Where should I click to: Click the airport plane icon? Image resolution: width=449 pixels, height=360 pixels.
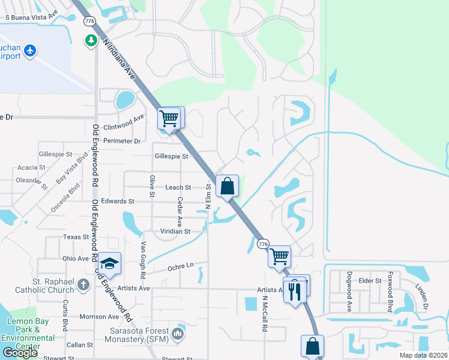coord(29,52)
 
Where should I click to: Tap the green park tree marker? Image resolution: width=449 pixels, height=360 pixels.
coord(91,41)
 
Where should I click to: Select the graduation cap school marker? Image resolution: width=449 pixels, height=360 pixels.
coord(110,263)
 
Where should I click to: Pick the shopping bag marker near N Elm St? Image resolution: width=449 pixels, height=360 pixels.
coord(227,187)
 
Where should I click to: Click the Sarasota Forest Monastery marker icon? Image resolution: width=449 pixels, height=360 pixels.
coord(178,333)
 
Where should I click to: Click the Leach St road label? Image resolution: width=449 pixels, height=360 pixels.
coord(178,188)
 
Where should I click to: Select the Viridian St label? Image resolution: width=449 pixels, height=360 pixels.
coord(175,231)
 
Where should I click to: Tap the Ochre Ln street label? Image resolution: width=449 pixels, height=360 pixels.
coord(181,266)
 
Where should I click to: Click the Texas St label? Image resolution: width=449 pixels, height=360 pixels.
coord(76,237)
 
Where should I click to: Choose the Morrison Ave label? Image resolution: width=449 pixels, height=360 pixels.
coord(99,316)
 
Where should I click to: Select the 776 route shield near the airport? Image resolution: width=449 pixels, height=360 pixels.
coord(90,21)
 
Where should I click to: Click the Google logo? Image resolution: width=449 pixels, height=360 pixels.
coord(20,353)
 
